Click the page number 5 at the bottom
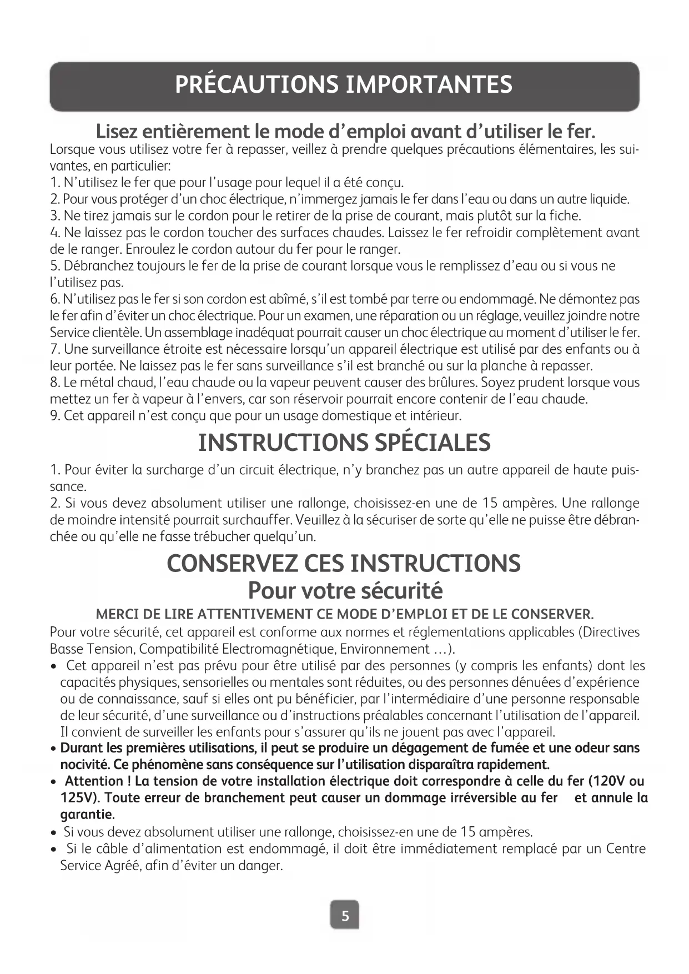(x=345, y=916)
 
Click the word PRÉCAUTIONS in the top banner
(x=255, y=85)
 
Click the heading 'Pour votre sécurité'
(x=345, y=590)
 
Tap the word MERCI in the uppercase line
(x=115, y=615)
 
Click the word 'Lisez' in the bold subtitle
(x=119, y=132)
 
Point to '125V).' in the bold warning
(x=80, y=798)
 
